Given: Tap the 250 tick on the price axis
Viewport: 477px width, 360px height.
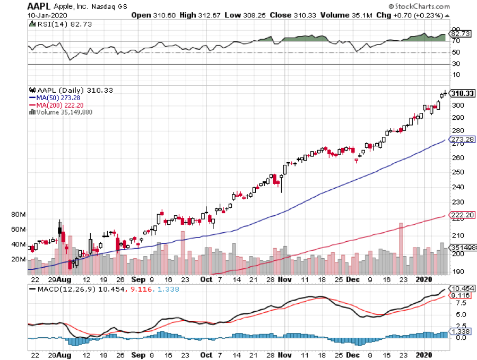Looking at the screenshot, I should tap(456, 172).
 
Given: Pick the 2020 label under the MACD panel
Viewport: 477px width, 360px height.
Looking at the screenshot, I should tap(423, 354).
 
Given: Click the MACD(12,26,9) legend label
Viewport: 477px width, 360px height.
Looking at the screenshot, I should tap(60, 289).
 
